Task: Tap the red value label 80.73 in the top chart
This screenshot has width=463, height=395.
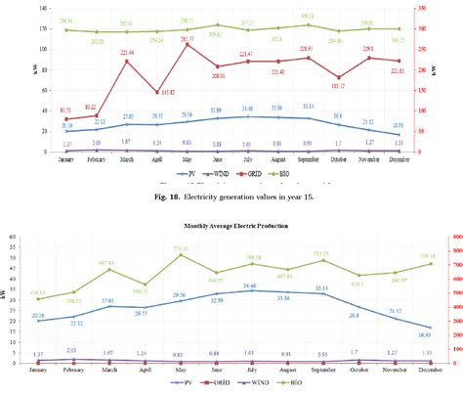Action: pos(65,110)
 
